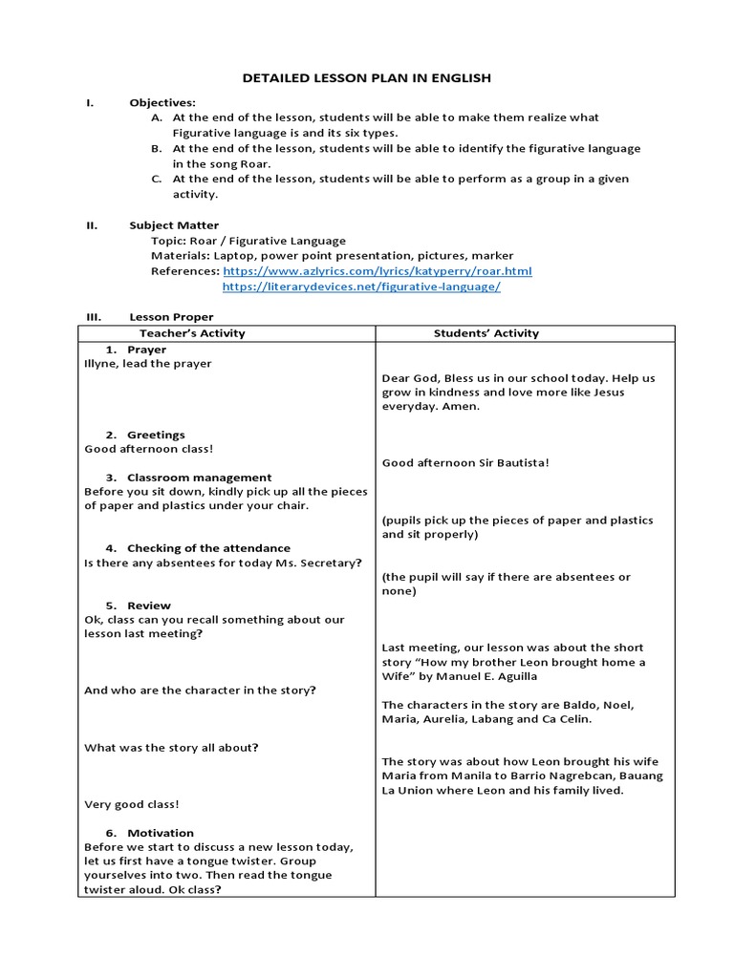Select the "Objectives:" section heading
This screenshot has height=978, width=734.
pyautogui.click(x=162, y=102)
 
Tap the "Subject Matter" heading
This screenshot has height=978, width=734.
pyautogui.click(x=174, y=225)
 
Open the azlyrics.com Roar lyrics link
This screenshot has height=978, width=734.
pyautogui.click(x=378, y=271)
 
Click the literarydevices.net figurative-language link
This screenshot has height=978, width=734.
pyautogui.click(x=361, y=287)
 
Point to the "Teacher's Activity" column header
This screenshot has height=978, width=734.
pyautogui.click(x=192, y=333)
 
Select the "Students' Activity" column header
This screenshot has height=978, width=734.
pyautogui.click(x=486, y=333)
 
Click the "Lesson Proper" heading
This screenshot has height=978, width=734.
pyautogui.click(x=172, y=317)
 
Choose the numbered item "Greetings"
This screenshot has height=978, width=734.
pyautogui.click(x=156, y=435)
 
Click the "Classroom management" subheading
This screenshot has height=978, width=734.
pyautogui.click(x=199, y=478)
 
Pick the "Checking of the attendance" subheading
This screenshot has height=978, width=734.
pyautogui.click(x=208, y=548)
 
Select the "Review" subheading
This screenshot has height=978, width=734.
pyautogui.click(x=149, y=606)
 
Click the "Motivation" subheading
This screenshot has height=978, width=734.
pyautogui.click(x=160, y=833)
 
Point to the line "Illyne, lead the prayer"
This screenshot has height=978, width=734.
pyautogui.click(x=148, y=364)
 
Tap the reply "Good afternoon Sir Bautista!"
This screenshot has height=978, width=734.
pyautogui.click(x=465, y=463)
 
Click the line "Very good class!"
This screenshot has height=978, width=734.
pyautogui.click(x=132, y=804)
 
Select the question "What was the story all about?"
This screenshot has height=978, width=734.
pyautogui.click(x=172, y=748)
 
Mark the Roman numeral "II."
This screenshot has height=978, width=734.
pyautogui.click(x=92, y=225)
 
